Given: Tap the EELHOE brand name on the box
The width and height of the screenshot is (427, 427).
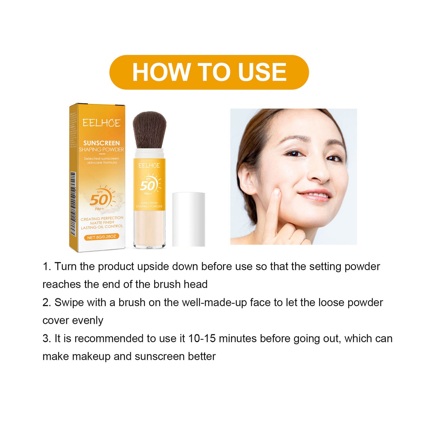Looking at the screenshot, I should point(101,123).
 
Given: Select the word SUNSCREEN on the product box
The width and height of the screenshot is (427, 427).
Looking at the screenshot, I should point(101,143).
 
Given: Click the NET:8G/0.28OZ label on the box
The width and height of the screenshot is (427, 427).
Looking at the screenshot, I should point(101,237).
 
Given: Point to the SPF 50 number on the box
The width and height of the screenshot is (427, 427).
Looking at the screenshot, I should point(99,200).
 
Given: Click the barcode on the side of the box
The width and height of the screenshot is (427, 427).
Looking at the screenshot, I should point(73,204).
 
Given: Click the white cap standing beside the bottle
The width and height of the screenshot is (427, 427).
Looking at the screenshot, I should point(189,219).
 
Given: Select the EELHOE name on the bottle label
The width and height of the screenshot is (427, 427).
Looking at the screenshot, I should point(149,165).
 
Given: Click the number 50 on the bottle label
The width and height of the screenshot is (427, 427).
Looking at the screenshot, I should point(147,186).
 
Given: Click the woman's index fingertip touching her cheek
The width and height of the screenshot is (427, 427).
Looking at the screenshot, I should point(276,193).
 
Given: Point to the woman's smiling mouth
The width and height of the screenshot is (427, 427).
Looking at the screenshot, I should point(315,195).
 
